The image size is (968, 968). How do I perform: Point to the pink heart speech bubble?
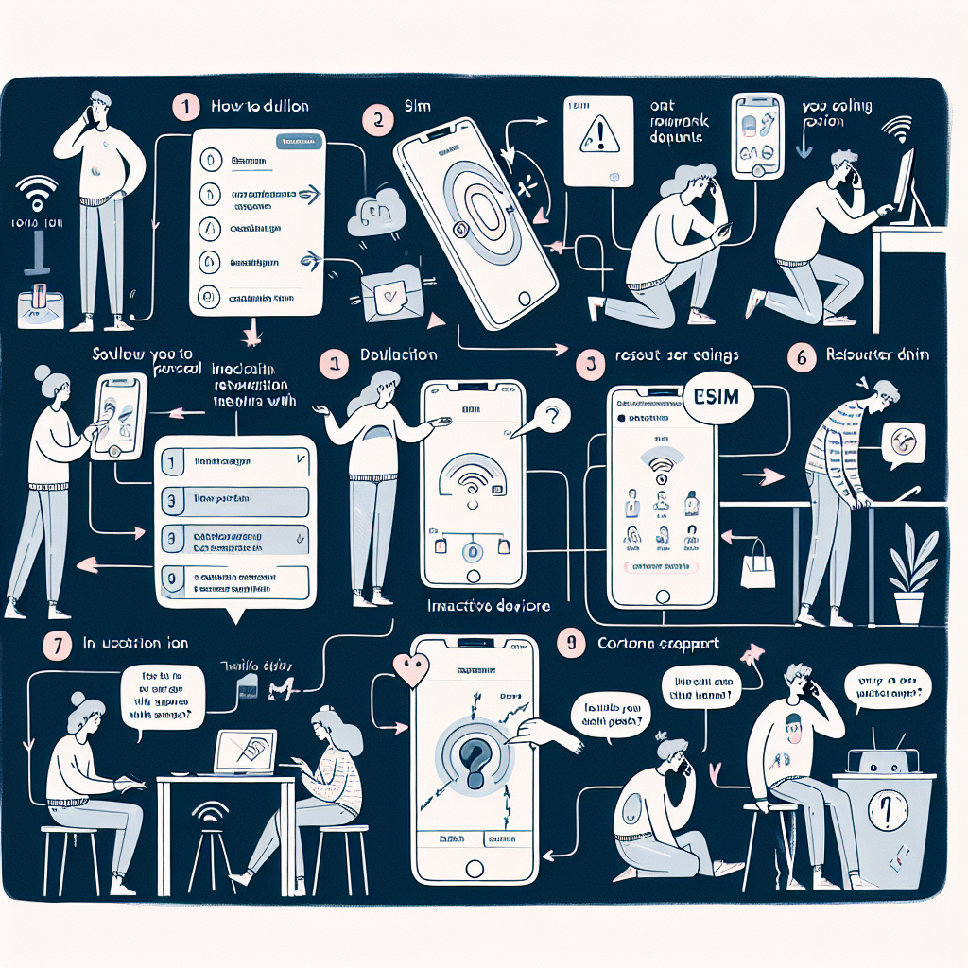click(412, 668)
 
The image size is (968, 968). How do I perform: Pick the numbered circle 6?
click(801, 357)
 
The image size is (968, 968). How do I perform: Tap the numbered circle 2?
click(377, 120)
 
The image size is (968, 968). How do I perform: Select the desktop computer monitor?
click(903, 185)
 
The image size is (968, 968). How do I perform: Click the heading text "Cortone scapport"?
click(657, 644)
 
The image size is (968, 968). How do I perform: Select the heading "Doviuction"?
click(399, 355)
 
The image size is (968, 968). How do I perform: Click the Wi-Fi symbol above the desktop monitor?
click(895, 129)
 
